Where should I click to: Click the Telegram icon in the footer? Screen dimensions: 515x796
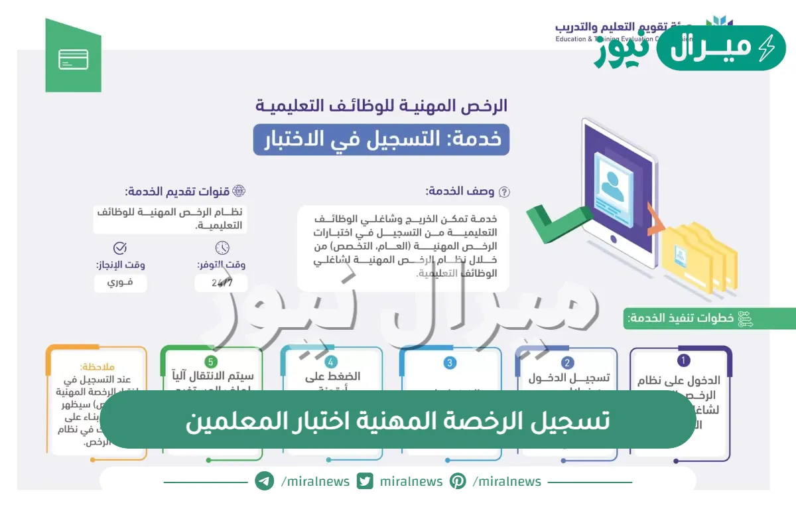(x=265, y=481)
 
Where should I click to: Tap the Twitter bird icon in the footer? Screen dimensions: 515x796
(x=365, y=481)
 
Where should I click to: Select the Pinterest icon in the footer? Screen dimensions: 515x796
(x=458, y=481)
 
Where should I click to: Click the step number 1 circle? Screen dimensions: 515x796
(x=684, y=360)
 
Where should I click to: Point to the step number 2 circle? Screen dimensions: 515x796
(x=567, y=362)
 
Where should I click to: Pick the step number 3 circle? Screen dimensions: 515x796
(x=450, y=362)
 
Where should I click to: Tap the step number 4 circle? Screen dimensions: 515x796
(x=331, y=362)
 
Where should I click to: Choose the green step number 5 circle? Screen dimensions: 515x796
(x=211, y=362)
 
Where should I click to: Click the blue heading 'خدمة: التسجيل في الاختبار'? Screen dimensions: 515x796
(x=381, y=139)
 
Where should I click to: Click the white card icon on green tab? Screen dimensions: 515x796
(x=73, y=60)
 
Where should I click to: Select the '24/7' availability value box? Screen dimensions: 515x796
(x=221, y=283)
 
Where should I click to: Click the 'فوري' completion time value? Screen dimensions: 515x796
(x=120, y=283)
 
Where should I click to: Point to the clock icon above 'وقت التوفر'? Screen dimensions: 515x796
(x=222, y=248)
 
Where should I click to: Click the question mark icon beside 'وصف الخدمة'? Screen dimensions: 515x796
(x=504, y=192)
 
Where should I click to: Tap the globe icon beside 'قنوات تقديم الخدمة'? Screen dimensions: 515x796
(x=239, y=191)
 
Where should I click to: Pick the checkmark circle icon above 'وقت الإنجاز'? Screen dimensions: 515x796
(x=120, y=248)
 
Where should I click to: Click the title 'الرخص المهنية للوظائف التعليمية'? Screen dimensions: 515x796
(x=381, y=105)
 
